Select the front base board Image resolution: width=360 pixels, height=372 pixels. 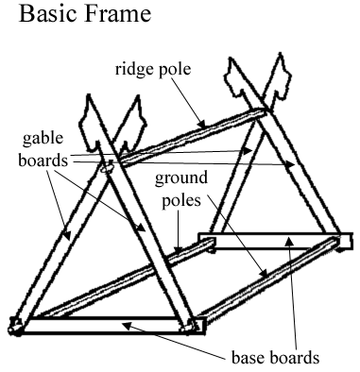tap(104, 328)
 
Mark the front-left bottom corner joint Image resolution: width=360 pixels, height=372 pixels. tap(15, 327)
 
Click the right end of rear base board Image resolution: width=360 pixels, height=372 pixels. tap(347, 241)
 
